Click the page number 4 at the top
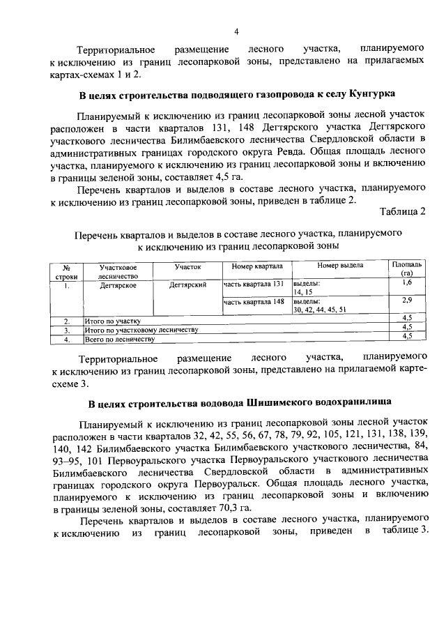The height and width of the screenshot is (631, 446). [x=236, y=31]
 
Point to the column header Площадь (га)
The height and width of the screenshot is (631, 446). [x=406, y=270]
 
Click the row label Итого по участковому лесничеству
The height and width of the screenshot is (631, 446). [x=141, y=329]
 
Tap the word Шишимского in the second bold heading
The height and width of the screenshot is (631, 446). [x=279, y=403]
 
